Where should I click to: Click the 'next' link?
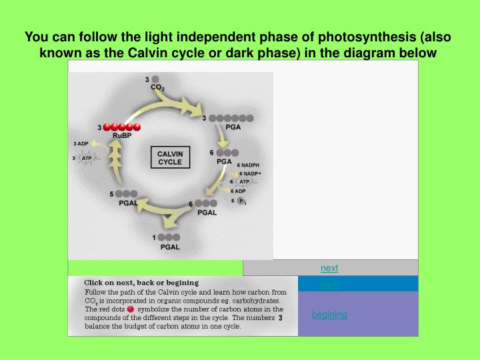(329, 268)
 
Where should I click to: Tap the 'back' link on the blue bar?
(329, 285)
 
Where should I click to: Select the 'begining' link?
(329, 315)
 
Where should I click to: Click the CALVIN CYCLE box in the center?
(170, 158)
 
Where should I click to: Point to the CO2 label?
(157, 87)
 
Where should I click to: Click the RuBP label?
(121, 136)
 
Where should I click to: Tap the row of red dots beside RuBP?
(122, 127)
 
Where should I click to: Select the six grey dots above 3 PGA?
(231, 118)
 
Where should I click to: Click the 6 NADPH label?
(248, 165)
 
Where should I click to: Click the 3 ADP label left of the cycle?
(81, 143)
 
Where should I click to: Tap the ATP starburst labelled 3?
(87, 159)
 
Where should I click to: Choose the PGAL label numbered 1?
(170, 247)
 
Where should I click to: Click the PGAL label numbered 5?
(128, 203)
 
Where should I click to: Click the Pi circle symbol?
(241, 201)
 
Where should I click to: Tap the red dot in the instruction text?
(130, 309)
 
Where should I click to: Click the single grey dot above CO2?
(155, 79)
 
